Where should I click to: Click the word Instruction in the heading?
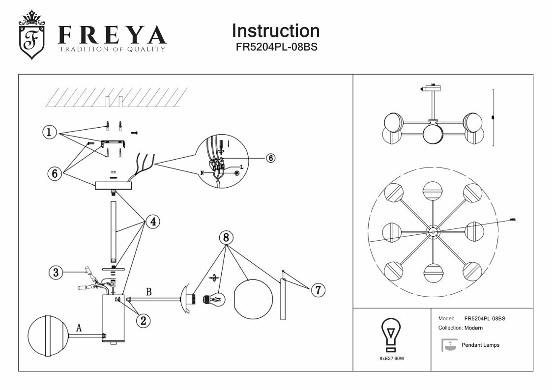(275, 30)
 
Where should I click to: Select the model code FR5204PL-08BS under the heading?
(275, 48)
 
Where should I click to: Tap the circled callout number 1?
(49, 132)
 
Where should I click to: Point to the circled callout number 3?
(57, 273)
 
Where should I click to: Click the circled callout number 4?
(152, 222)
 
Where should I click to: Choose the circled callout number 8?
(226, 238)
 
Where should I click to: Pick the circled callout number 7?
(318, 290)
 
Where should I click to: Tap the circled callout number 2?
(143, 321)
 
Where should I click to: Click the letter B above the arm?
(148, 292)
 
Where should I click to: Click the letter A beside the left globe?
(78, 327)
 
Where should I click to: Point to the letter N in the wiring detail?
(203, 173)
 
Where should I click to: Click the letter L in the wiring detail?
(242, 167)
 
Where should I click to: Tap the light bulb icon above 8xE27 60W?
(391, 334)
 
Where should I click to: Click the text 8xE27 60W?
(392, 359)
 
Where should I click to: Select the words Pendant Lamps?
(480, 345)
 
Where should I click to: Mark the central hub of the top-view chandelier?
(433, 232)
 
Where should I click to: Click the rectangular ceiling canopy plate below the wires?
(114, 185)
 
